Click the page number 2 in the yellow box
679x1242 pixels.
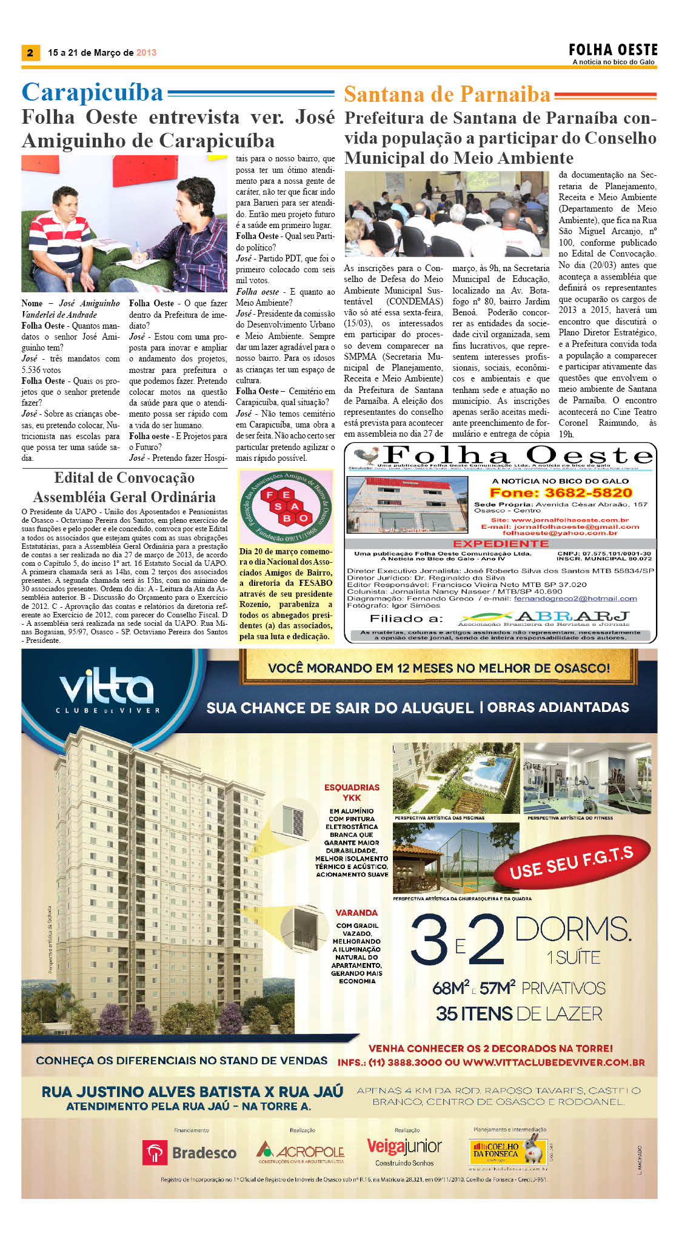30,52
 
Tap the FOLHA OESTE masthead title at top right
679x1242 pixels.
613,50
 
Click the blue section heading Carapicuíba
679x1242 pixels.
93,92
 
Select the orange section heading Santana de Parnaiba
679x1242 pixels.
447,95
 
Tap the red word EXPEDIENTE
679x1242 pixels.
501,543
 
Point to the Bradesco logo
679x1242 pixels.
189,1152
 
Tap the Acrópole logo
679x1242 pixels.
301,1151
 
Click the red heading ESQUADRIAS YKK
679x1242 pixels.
352,792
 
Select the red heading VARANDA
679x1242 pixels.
356,912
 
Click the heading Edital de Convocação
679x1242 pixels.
124,478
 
